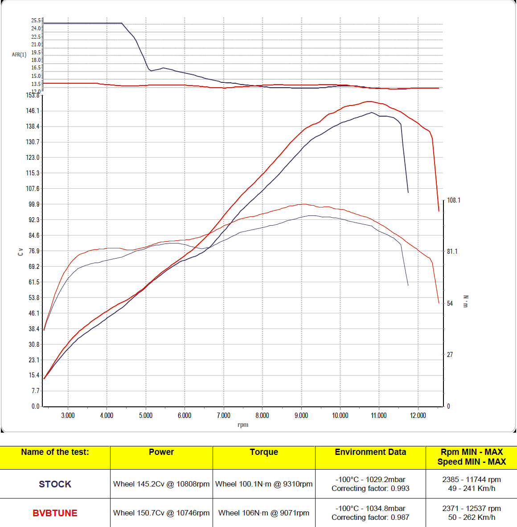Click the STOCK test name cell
55,484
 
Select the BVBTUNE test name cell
55,513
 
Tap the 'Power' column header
161,452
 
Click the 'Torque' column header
264,452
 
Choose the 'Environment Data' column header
370,452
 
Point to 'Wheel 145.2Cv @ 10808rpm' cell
161,484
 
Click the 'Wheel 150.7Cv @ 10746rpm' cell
161,513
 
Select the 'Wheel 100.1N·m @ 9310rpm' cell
264,484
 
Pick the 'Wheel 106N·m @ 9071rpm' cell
264,513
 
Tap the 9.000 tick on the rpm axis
301,416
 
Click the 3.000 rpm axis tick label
68,416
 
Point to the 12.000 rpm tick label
418,416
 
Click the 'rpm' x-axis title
243,425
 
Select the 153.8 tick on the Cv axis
33,95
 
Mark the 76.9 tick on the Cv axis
34,251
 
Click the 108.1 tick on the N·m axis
454,200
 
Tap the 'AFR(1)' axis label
19,55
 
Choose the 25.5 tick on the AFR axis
36,20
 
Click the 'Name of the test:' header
55,452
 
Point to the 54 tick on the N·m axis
450,304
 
